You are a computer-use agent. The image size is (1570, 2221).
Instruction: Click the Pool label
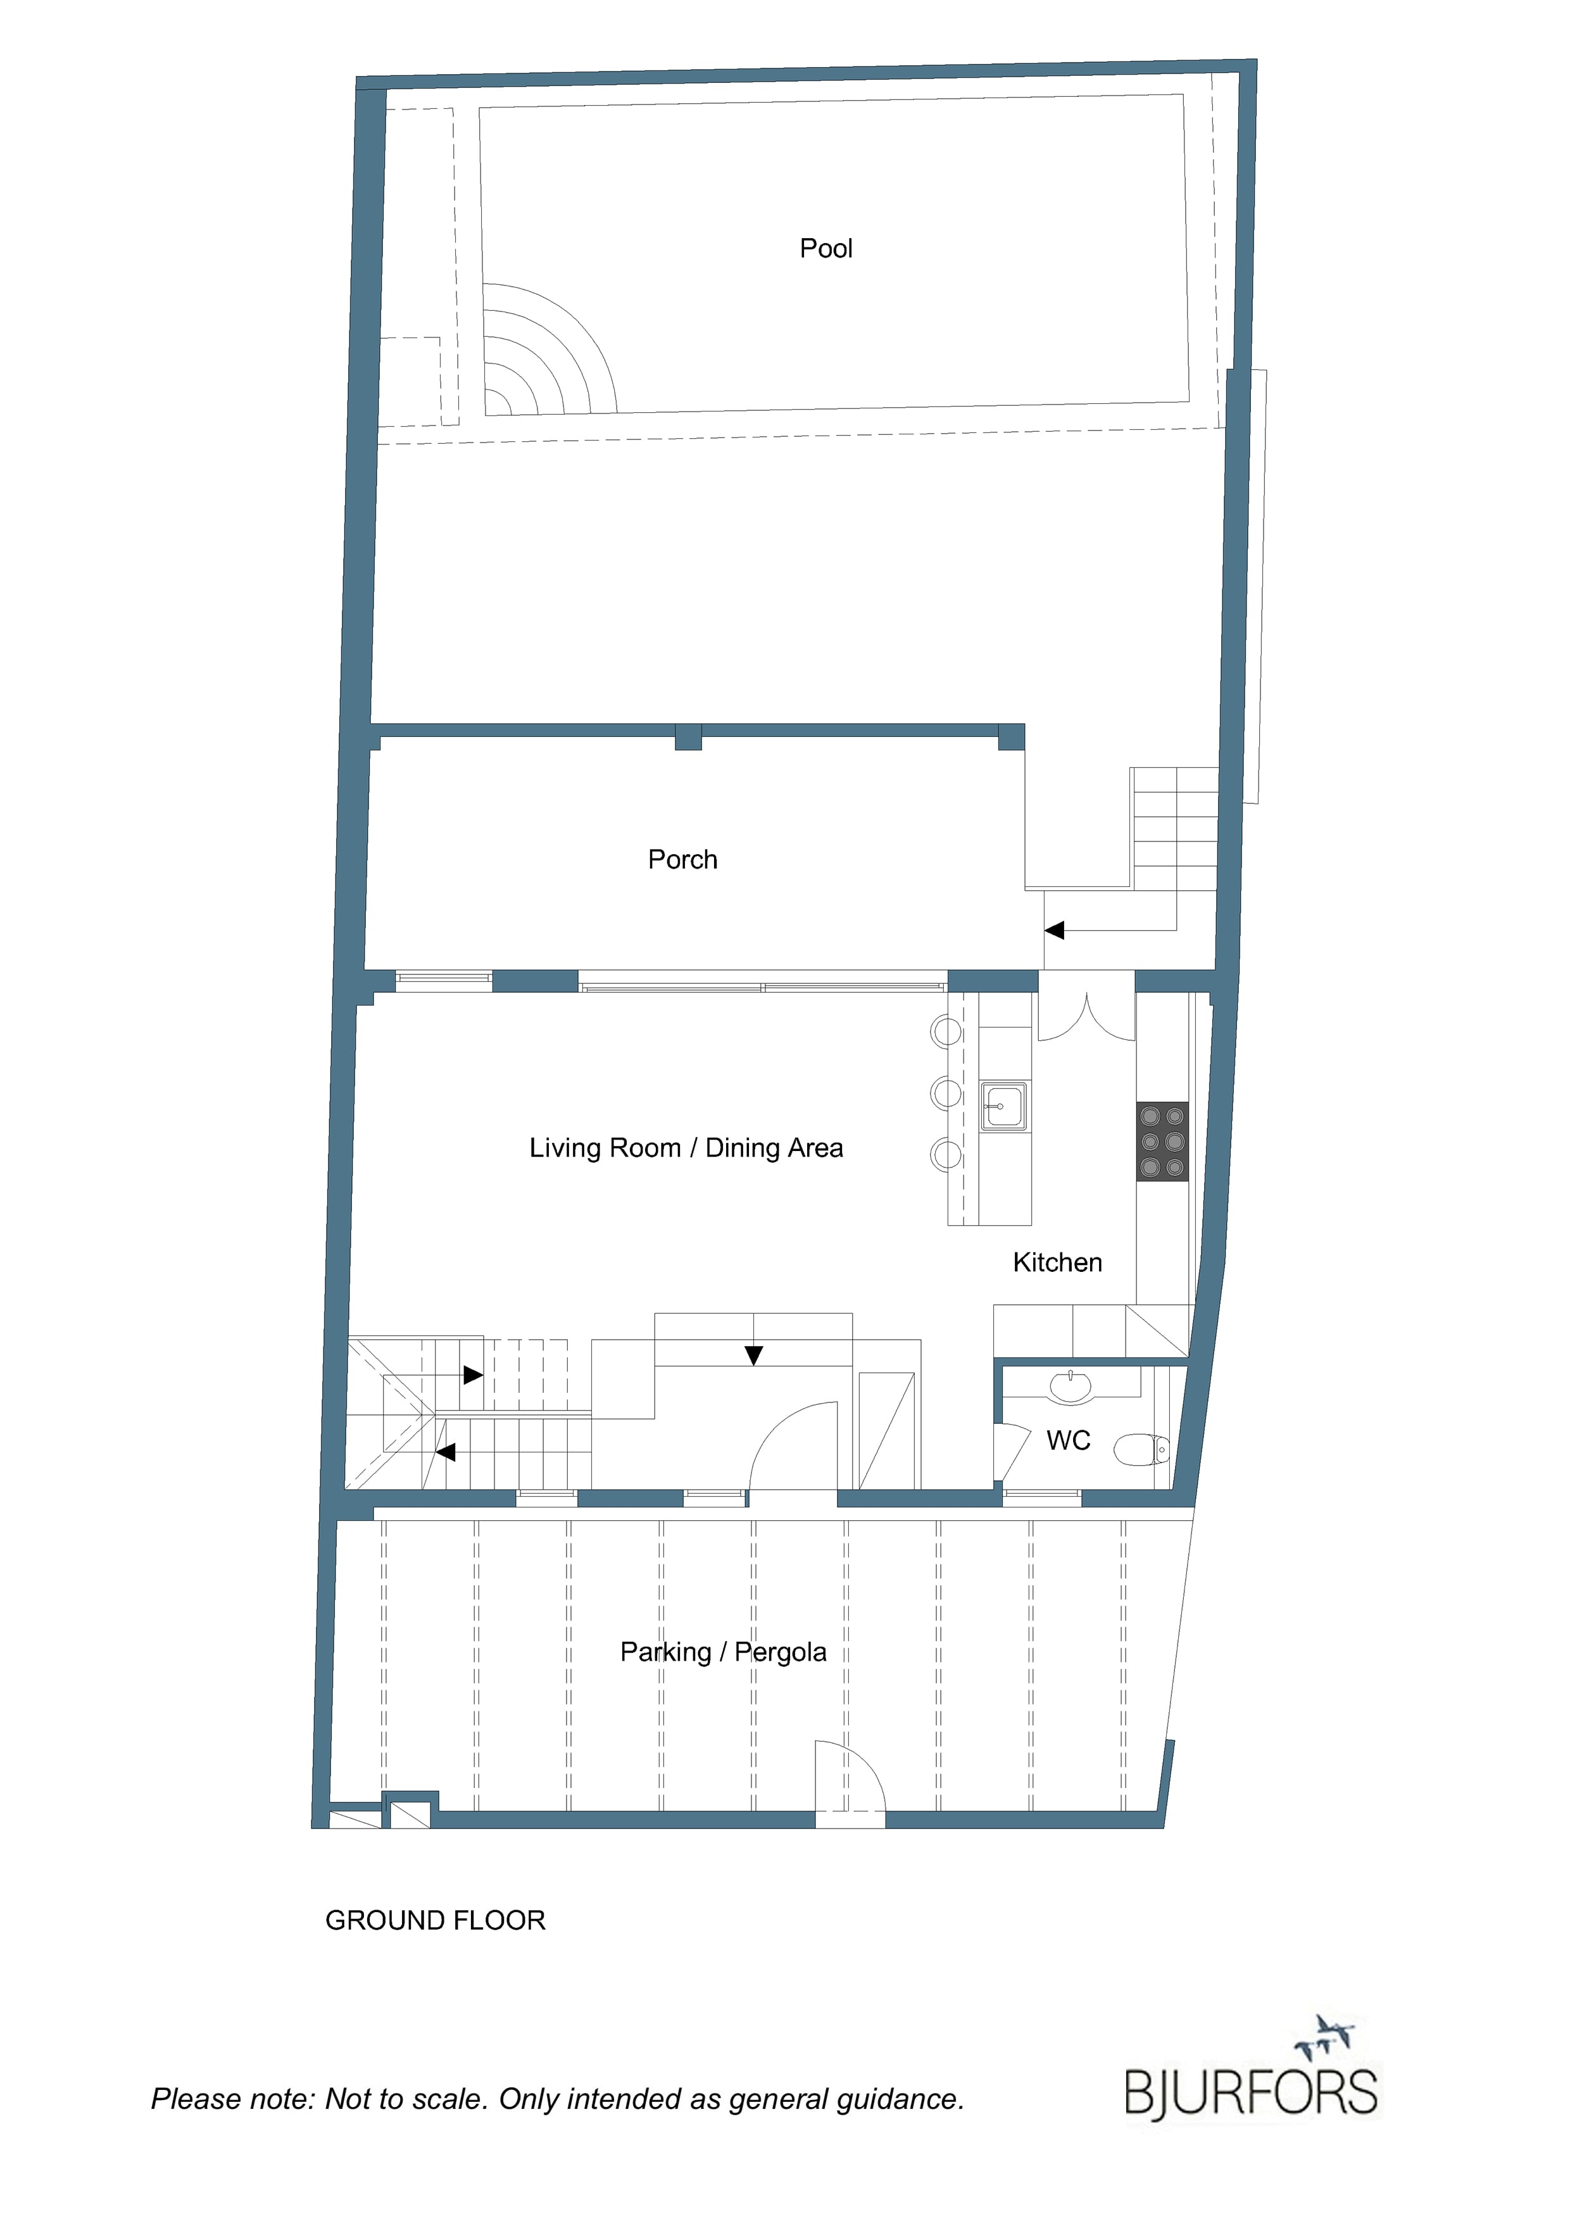pos(826,249)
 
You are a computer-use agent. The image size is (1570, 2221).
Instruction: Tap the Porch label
pos(683,859)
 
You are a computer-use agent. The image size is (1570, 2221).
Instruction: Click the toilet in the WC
pos(1143,1450)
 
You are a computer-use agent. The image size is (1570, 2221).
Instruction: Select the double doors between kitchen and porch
pos(1086,1017)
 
